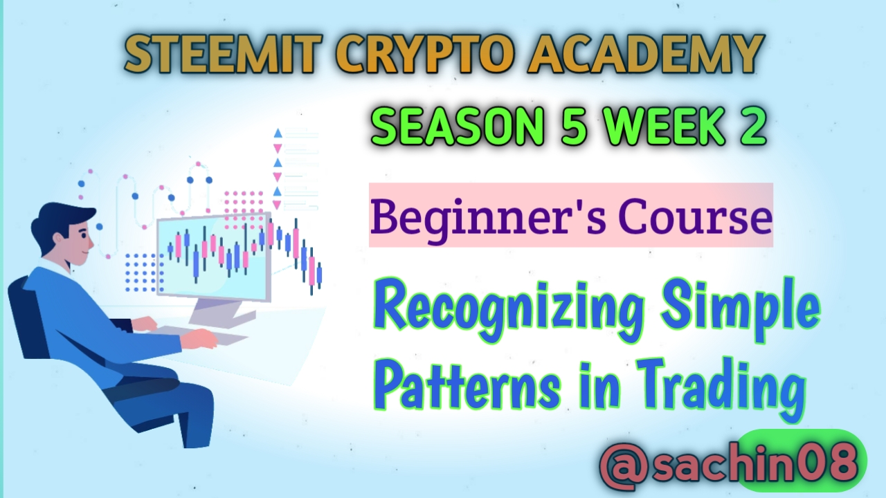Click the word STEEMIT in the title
click(221, 54)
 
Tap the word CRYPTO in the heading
click(424, 54)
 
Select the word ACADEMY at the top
click(646, 54)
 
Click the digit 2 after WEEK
click(754, 127)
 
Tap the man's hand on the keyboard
click(201, 338)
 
